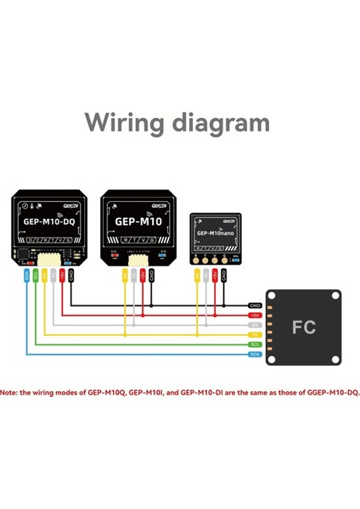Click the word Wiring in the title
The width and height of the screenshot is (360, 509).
pyautogui.click(x=127, y=123)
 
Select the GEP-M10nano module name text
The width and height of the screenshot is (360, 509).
pyautogui.click(x=214, y=232)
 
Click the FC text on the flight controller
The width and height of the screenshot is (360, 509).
pyautogui.click(x=304, y=327)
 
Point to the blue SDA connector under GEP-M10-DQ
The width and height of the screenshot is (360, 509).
pyautogui.click(x=25, y=276)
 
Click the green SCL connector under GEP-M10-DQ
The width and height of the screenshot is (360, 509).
pyautogui.click(x=35, y=276)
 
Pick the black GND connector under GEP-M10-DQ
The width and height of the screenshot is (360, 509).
pyautogui.click(x=71, y=276)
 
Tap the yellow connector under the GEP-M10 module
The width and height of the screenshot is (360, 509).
pyautogui.click(x=125, y=276)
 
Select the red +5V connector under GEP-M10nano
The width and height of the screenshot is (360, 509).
pyautogui.click(x=216, y=276)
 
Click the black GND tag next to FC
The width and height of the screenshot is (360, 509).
pyautogui.click(x=255, y=305)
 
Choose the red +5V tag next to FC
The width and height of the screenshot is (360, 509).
pyautogui.click(x=255, y=315)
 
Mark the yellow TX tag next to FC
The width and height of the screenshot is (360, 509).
pyautogui.click(x=255, y=335)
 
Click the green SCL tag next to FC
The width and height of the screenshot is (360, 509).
pyautogui.click(x=255, y=345)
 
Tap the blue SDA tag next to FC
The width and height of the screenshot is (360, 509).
pyautogui.click(x=255, y=355)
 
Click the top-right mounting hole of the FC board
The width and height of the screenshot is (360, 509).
pyautogui.click(x=335, y=296)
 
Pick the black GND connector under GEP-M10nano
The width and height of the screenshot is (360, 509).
pyautogui.click(x=225, y=276)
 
